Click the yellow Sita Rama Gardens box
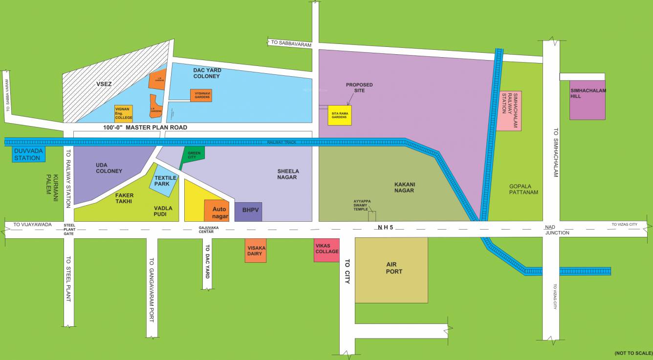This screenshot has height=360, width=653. tap(340, 115)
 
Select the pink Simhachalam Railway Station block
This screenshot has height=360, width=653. tap(509, 110)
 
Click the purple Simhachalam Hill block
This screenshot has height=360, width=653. tap(588, 100)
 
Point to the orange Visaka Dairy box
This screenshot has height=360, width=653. tap(256, 251)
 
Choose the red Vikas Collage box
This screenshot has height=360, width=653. tap(326, 250)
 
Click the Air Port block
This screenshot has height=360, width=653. tap(391, 270)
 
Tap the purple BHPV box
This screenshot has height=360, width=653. tap(248, 212)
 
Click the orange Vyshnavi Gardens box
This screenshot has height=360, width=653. tap(201, 95)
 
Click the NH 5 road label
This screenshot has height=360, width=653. tap(385, 228)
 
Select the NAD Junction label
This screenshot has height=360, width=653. tap(557, 230)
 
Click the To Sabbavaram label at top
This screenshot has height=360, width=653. tap(288, 42)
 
